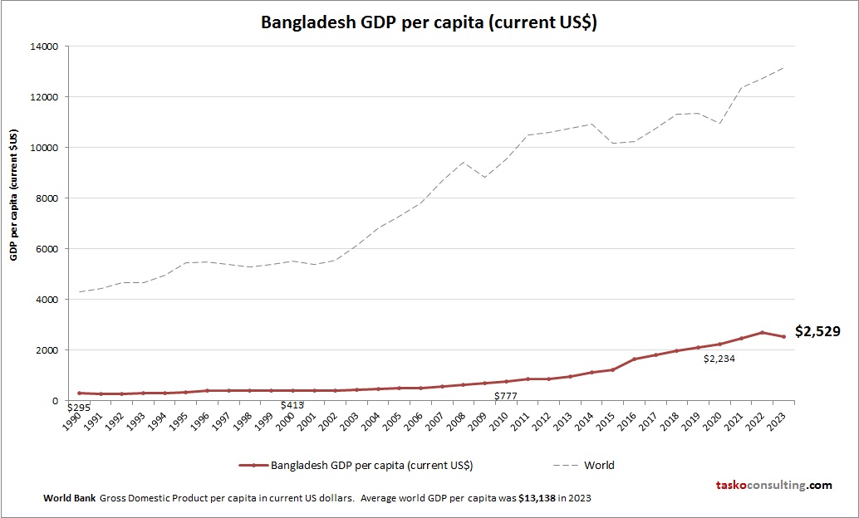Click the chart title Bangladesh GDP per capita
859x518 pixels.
tap(429, 22)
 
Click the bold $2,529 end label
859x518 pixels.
tap(817, 331)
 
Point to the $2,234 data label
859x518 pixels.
tap(719, 359)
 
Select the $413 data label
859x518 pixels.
tap(291, 404)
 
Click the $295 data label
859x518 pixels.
tap(78, 408)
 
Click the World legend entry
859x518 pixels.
tap(599, 465)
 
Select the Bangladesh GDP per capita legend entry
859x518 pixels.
tap(371, 465)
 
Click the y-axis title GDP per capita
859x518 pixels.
tap(14, 194)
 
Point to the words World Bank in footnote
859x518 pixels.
tap(69, 499)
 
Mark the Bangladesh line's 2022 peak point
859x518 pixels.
tap(763, 332)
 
